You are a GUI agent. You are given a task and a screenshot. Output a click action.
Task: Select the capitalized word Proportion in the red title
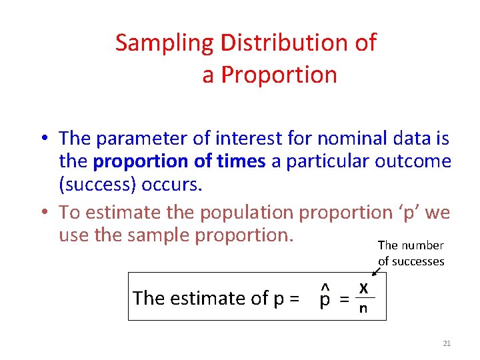pos(279,75)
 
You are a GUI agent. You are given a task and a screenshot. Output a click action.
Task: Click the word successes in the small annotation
pos(418,261)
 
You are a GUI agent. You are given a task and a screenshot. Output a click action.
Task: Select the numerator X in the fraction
pos(363,288)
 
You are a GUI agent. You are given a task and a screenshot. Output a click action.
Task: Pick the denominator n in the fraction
pos(363,309)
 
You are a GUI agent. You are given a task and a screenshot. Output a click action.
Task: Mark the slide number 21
pos(447,343)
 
